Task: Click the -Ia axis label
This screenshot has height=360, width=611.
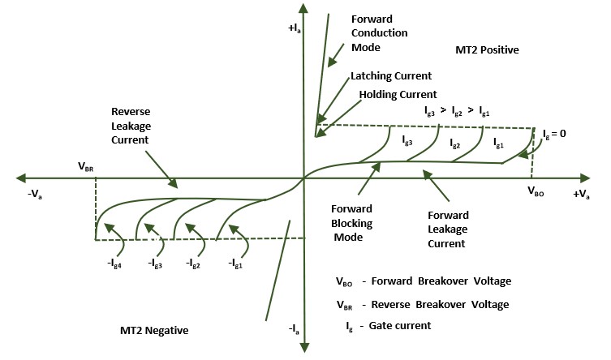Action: pos(293,329)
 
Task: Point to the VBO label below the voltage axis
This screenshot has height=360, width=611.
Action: pos(537,193)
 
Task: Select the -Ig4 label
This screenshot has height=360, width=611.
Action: pos(116,264)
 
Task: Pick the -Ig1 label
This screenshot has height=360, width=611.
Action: pos(235,264)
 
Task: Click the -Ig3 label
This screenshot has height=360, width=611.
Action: pos(157,264)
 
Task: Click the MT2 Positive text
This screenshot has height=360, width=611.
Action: pos(488,50)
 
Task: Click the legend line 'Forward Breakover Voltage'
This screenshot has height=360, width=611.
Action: pos(423,282)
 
